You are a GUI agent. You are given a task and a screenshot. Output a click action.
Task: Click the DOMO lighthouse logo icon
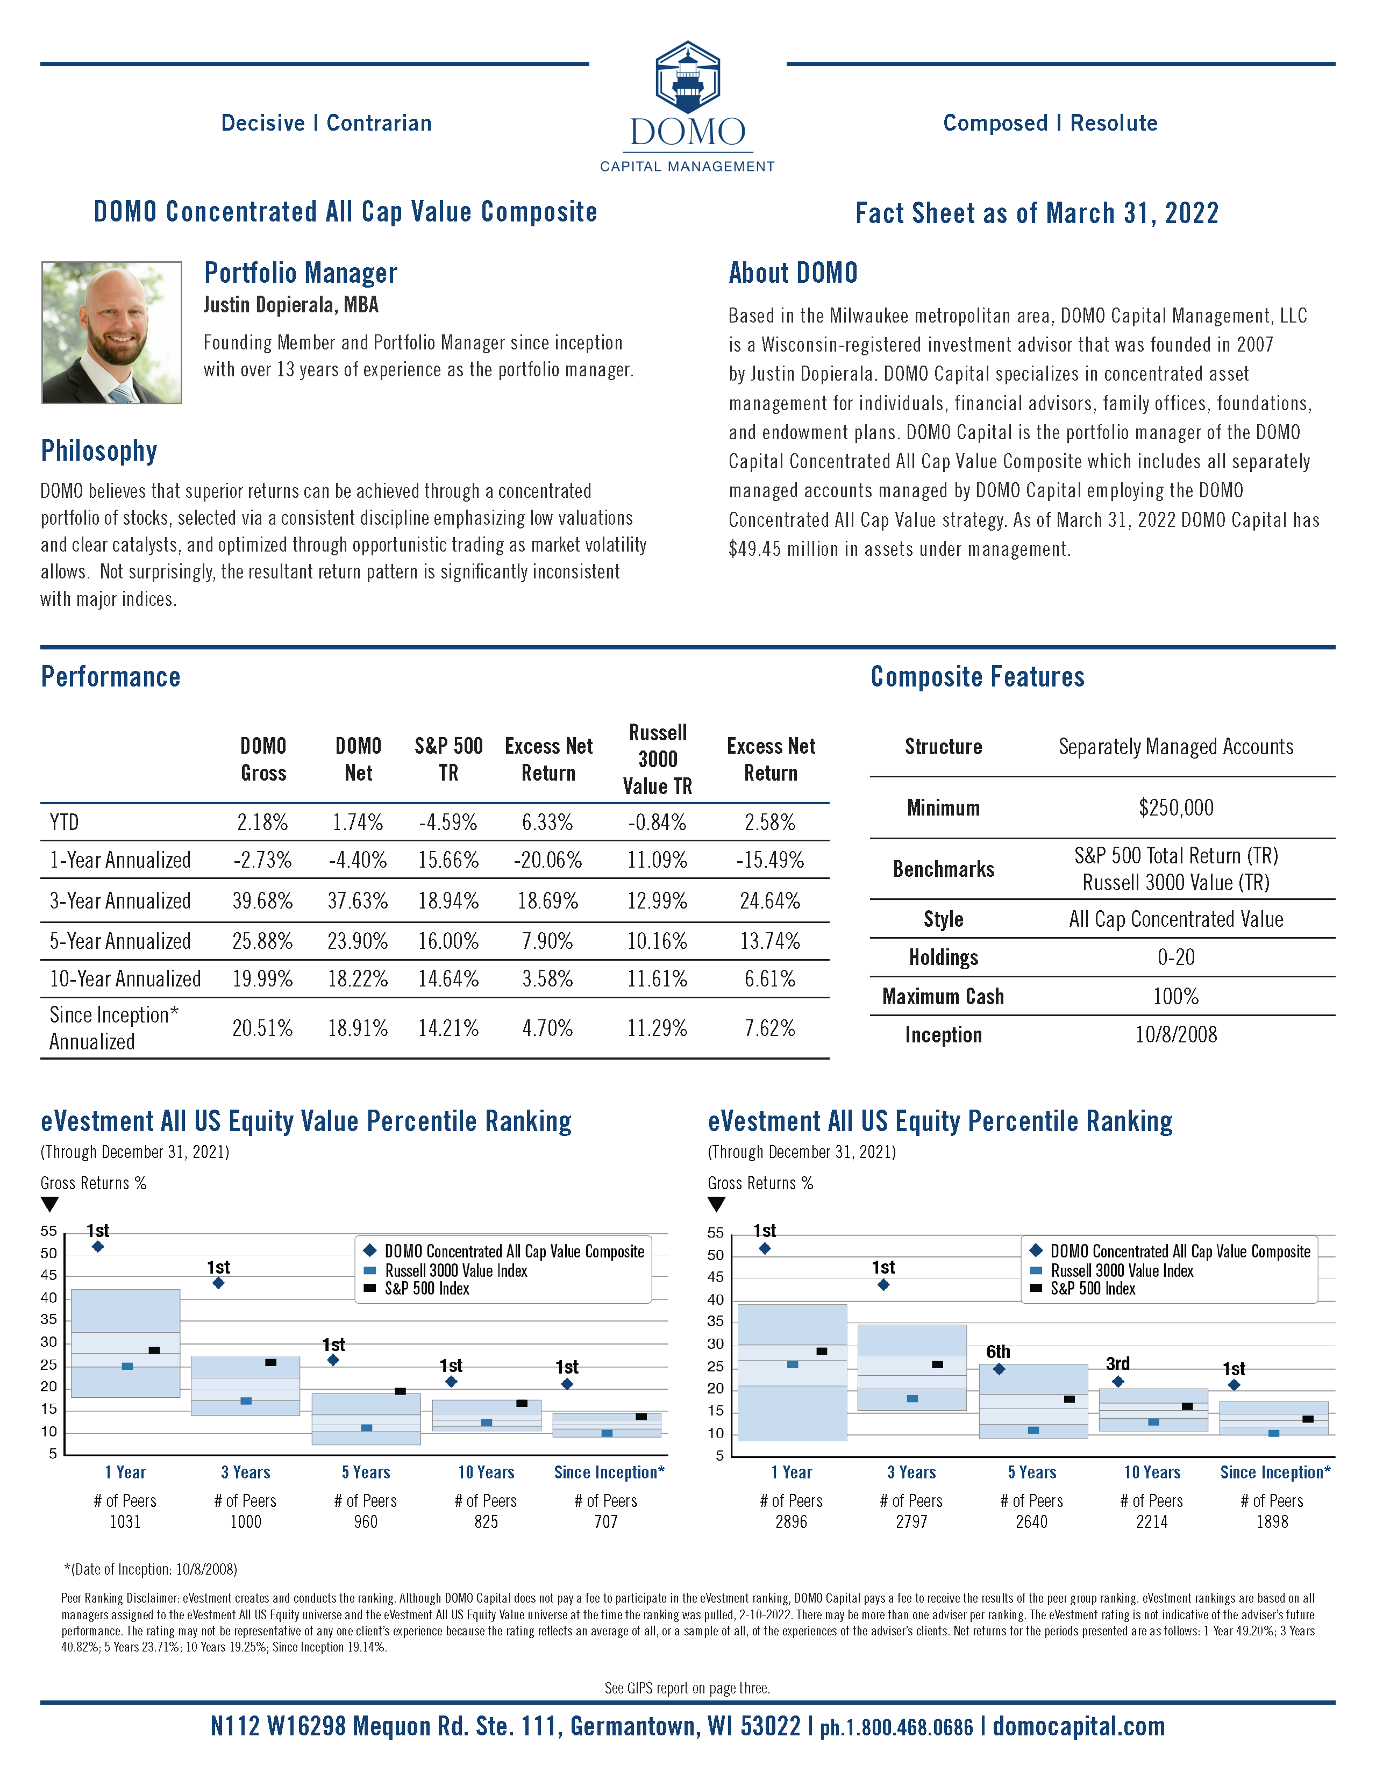point(688,77)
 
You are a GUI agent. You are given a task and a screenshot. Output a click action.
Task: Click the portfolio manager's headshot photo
point(112,333)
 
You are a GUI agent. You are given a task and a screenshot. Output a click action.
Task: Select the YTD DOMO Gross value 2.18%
point(262,823)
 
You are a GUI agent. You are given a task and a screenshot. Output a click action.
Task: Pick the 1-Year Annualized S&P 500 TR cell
point(448,860)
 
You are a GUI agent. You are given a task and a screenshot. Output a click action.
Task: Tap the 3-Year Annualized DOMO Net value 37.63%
point(358,900)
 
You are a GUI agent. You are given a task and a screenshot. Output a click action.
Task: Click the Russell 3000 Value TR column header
point(657,759)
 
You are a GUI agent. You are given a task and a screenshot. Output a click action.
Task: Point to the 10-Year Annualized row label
point(125,979)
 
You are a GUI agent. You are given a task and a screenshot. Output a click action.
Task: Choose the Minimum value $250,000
point(1175,807)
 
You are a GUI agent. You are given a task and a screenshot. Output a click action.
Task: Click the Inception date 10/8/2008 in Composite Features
point(1175,1034)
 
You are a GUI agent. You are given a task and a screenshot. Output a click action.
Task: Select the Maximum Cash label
point(943,996)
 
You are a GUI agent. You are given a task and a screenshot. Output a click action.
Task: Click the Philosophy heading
point(98,451)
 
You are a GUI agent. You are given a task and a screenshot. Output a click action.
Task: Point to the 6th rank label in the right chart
point(998,1352)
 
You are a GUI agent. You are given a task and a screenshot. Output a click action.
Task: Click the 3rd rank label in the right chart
point(1117,1363)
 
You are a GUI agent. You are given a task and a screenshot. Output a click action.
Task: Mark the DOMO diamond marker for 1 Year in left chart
point(98,1246)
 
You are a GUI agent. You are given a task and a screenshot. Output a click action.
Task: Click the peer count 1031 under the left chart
point(125,1521)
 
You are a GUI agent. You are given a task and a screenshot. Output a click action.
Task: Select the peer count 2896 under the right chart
point(791,1521)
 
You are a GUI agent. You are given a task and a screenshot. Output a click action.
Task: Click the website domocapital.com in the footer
point(1079,1726)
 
